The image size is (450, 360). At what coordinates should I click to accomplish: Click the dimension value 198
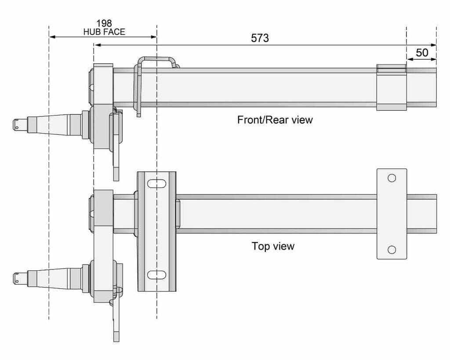tap(104, 23)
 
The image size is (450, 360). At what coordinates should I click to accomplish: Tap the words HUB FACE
tap(104, 32)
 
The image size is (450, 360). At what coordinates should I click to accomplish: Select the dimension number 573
tap(260, 38)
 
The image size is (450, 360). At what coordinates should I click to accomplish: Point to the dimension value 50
tap(422, 53)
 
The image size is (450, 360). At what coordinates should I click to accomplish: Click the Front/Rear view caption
tap(275, 120)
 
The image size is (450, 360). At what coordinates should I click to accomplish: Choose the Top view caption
tap(273, 246)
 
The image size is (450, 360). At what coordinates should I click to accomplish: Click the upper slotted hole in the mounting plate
tap(157, 184)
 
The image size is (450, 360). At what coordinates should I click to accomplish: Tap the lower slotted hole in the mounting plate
tap(157, 275)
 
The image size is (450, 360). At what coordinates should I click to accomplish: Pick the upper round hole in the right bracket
tap(392, 178)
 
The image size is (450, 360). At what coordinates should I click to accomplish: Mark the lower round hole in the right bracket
tap(392, 250)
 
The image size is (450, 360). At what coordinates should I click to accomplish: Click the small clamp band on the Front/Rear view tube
tap(392, 87)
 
